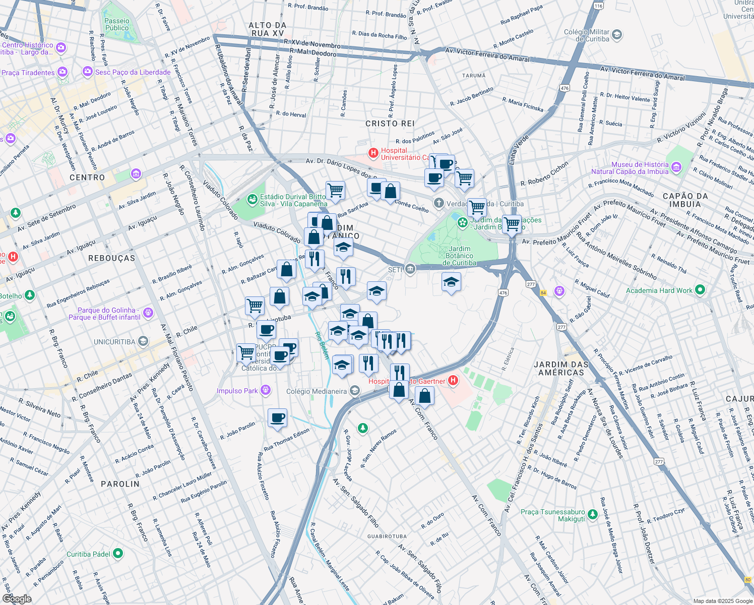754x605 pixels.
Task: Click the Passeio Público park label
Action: [117, 25]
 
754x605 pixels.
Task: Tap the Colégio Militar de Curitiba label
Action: [586, 35]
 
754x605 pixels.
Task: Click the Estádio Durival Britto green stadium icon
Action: [252, 200]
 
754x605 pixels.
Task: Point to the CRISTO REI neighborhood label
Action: [390, 124]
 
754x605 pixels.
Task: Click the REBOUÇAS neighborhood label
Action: [112, 258]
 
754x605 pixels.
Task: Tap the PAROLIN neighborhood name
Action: [120, 484]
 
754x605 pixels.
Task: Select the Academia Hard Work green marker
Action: [700, 290]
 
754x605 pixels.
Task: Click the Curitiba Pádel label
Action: [88, 554]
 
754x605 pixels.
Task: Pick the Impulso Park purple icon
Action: [266, 391]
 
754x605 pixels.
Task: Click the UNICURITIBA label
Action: [114, 342]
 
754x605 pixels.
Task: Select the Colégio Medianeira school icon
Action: [355, 391]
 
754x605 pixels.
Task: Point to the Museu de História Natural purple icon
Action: [676, 167]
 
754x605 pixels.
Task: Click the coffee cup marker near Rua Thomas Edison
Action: [277, 418]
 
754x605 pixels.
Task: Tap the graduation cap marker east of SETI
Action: [451, 283]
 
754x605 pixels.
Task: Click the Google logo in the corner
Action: [17, 598]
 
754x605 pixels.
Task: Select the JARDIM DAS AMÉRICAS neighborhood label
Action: [561, 369]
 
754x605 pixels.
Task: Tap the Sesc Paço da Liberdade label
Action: [133, 72]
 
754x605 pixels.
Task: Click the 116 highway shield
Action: [598, 6]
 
